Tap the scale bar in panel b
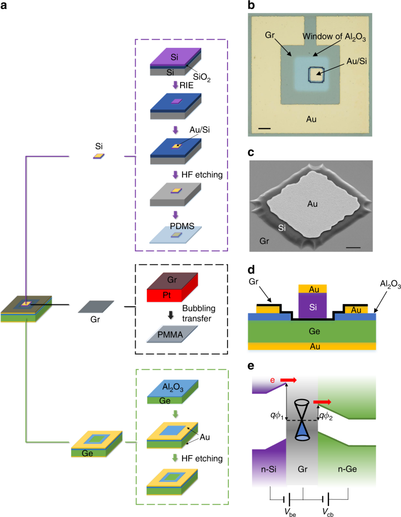[264, 130]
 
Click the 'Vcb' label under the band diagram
[329, 508]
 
